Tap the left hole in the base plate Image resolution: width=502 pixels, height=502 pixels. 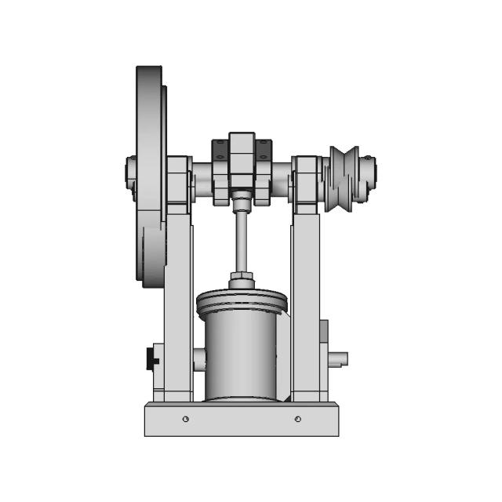pos(185,419)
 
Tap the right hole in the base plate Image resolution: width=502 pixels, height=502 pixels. pos(298,419)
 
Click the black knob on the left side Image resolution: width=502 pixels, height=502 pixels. pos(151,359)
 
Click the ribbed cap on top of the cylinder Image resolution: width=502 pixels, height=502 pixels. pos(241,301)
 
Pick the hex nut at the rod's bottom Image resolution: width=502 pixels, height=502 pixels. pos(241,279)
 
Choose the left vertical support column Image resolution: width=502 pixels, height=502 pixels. pos(178,306)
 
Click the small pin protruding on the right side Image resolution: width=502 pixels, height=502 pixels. pos(338,359)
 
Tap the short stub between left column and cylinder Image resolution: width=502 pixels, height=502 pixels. pos(199,360)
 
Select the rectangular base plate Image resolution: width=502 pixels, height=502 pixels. pos(241,420)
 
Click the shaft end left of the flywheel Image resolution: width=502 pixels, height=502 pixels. pos(131,174)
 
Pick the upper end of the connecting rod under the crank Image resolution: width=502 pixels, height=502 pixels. pos(242,203)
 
